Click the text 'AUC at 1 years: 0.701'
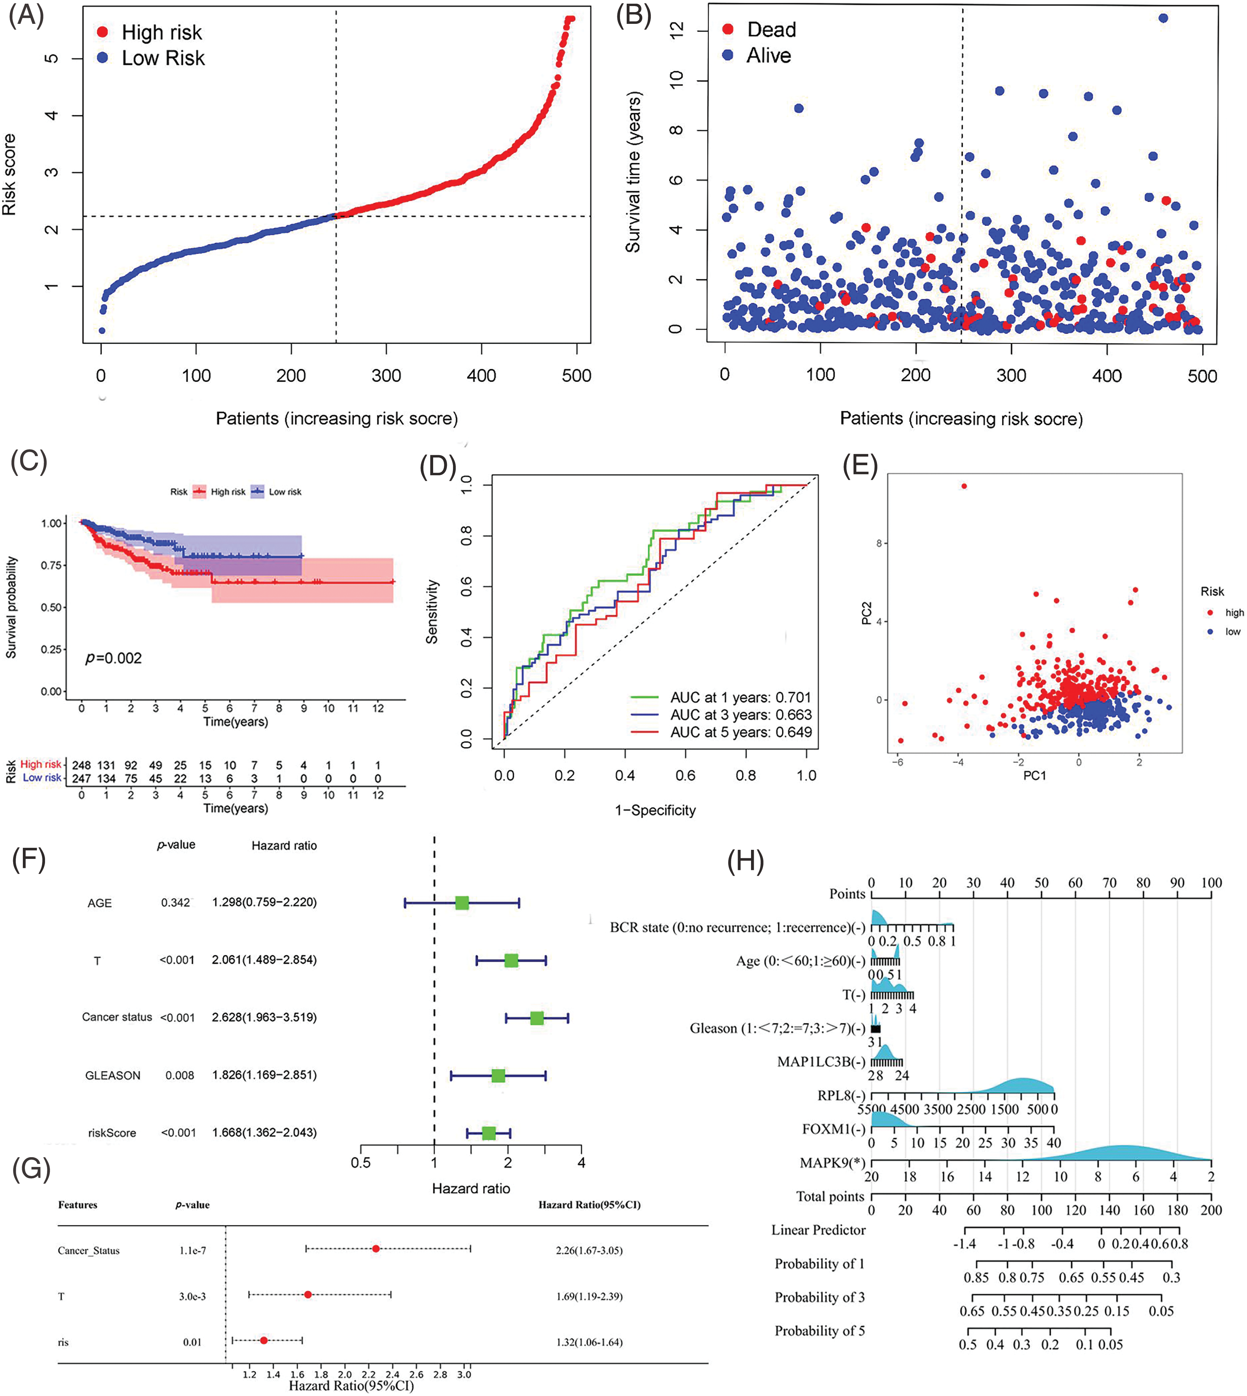[x=740, y=697]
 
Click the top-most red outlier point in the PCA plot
[x=964, y=486]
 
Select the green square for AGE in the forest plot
[x=462, y=903]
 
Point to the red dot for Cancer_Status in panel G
[x=375, y=1249]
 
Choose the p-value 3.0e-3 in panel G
[x=192, y=1296]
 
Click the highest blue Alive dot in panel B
[x=1163, y=18]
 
